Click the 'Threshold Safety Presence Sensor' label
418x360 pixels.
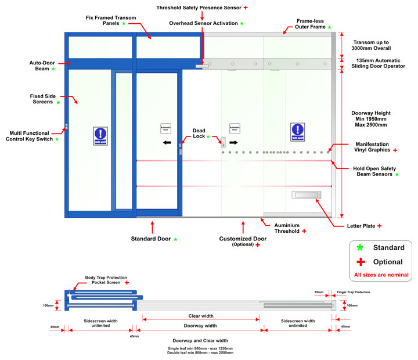pos(199,8)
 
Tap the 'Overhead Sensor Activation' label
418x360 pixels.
pos(203,23)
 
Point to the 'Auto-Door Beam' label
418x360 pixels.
pos(39,66)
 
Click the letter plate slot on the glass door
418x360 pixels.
pos(305,196)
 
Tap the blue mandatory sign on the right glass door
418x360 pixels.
pos(298,132)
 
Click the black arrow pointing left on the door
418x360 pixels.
pos(167,142)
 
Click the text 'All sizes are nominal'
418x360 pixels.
pos(381,275)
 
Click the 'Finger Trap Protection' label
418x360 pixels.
pos(353,292)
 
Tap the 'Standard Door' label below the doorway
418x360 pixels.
pos(150,239)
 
